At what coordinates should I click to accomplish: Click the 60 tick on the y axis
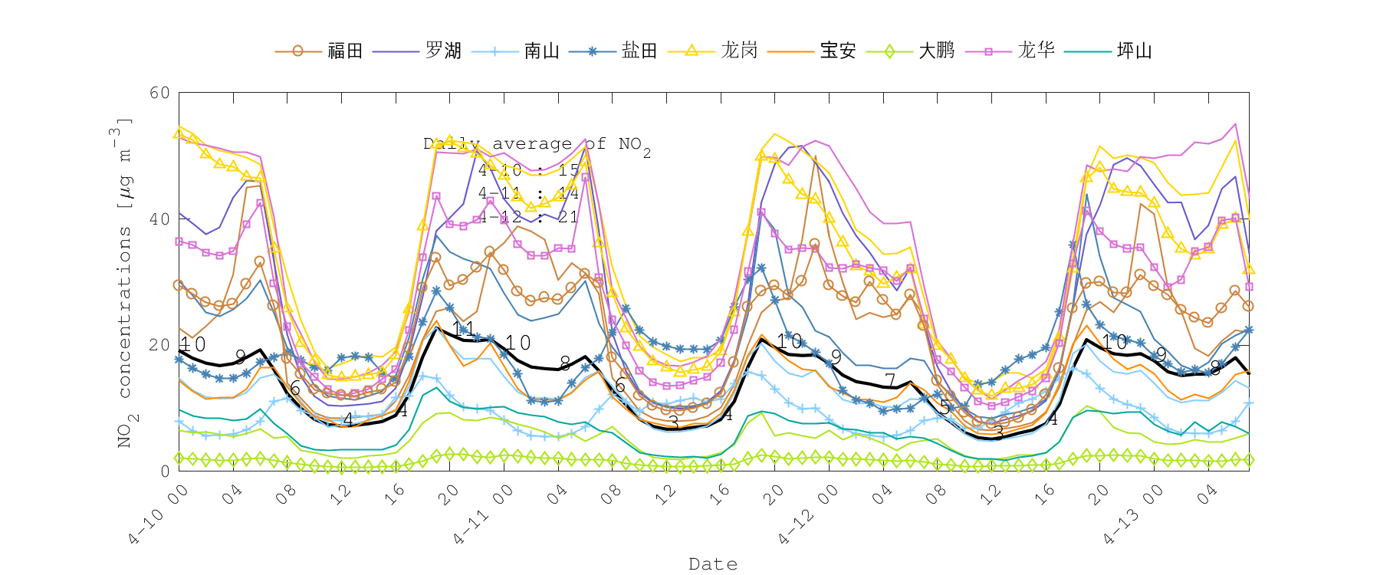159,93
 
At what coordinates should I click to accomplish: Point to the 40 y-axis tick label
159,219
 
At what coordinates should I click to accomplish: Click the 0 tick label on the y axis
165,472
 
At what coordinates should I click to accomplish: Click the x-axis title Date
713,564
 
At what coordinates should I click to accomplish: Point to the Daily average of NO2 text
537,144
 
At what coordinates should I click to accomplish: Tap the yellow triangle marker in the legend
691,51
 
